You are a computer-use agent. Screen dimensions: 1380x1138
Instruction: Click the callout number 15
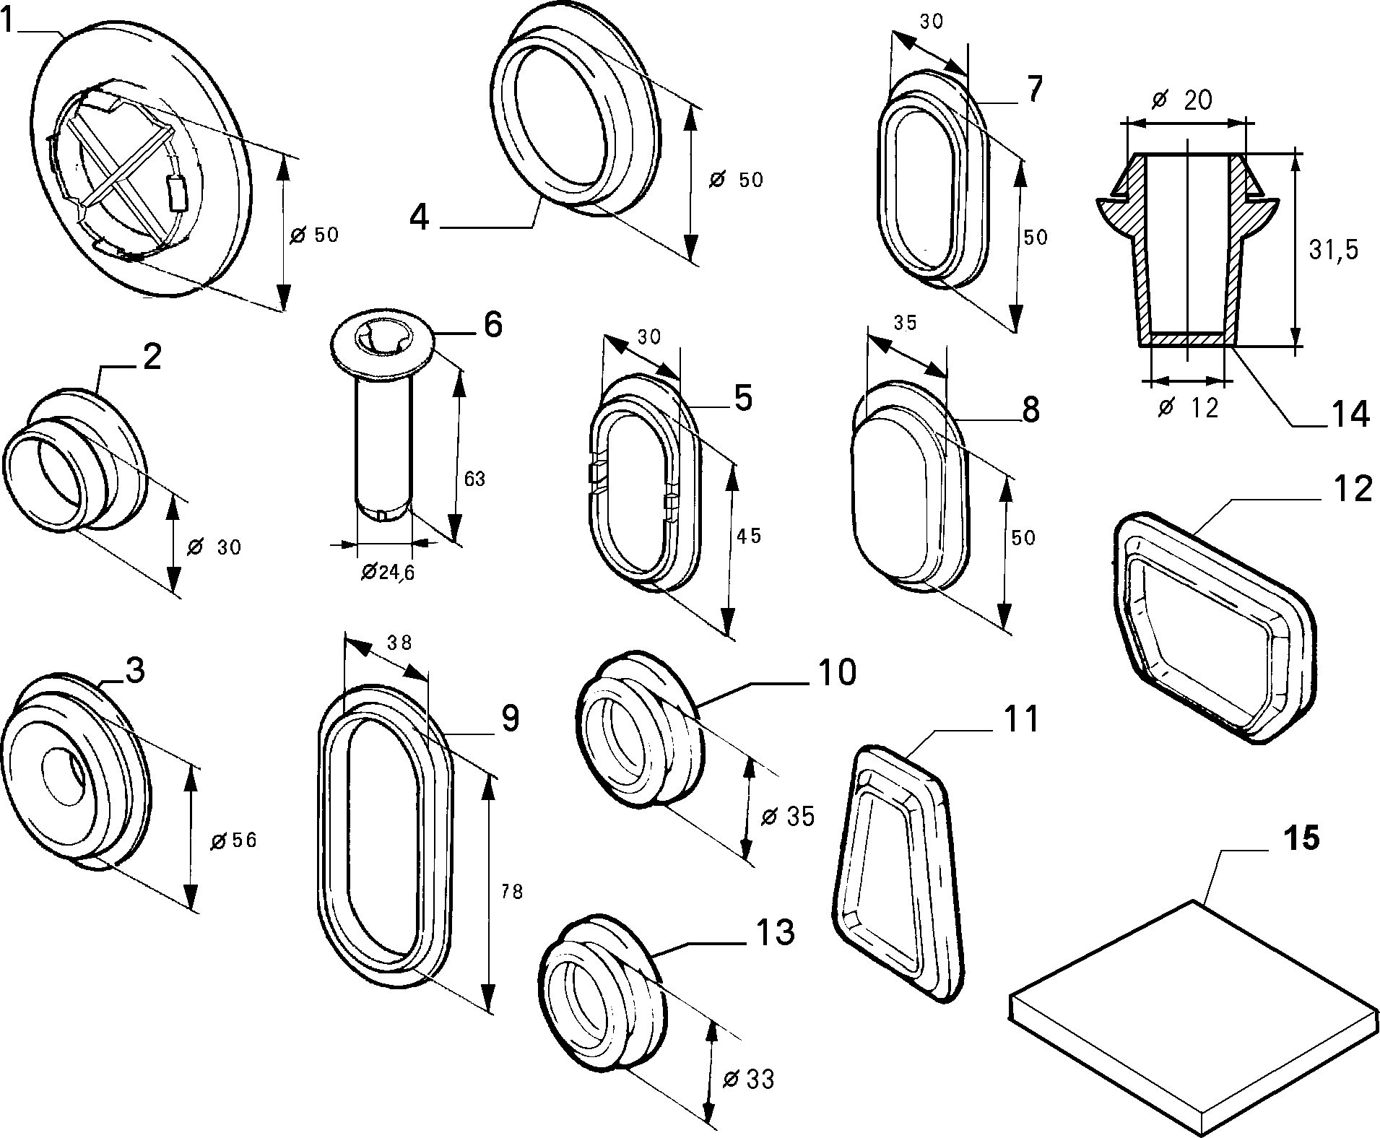click(x=1301, y=839)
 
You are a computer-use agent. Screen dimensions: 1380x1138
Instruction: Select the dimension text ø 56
click(x=233, y=840)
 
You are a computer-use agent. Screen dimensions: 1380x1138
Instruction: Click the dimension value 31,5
click(x=1334, y=250)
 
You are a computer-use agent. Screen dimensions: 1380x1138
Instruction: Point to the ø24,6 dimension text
click(x=387, y=572)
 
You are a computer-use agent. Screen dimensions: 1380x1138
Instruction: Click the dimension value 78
click(x=511, y=892)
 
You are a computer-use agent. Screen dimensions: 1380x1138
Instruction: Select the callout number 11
click(x=1020, y=719)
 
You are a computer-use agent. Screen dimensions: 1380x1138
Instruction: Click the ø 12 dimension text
click(x=1187, y=408)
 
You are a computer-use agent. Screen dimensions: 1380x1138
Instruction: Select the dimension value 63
click(x=474, y=478)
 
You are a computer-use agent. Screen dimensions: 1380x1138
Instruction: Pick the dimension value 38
click(x=399, y=642)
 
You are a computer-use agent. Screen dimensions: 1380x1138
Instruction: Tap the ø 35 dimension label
click(x=788, y=816)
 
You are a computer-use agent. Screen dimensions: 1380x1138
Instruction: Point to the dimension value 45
click(x=749, y=536)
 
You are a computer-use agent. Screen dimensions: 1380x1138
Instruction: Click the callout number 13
click(x=775, y=931)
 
